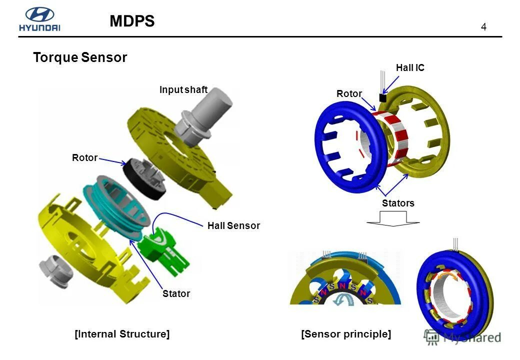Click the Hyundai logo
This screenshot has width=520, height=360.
(39, 20)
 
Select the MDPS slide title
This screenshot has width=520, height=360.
(132, 21)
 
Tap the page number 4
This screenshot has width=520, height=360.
(483, 27)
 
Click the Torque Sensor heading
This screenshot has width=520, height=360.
(80, 57)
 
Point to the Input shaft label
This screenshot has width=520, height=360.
(183, 90)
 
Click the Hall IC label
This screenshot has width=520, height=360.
(410, 67)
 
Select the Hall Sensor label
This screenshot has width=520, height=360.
(233, 225)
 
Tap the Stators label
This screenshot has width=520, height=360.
(398, 203)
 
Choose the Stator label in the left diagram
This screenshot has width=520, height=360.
(176, 293)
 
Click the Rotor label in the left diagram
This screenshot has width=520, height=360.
(84, 157)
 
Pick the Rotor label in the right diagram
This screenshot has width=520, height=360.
(349, 93)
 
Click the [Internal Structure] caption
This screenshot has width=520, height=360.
(122, 333)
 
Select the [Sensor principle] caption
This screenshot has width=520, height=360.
(346, 333)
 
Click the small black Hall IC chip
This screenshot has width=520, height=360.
(383, 98)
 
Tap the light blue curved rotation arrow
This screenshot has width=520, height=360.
(345, 298)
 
